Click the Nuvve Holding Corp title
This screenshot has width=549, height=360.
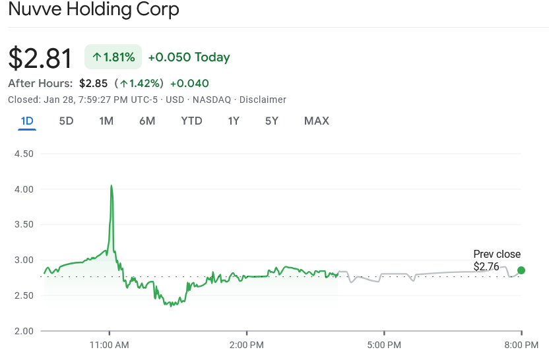(x=94, y=11)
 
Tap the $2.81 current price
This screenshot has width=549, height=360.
(x=40, y=58)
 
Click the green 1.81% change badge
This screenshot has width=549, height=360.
(x=113, y=57)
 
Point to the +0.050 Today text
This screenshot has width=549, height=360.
(x=189, y=57)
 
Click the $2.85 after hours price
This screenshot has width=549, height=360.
(x=93, y=83)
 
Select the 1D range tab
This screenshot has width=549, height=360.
(x=27, y=121)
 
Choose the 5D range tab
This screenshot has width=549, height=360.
(x=66, y=121)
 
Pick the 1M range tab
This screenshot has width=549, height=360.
(x=106, y=121)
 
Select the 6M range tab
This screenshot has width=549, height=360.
(x=147, y=121)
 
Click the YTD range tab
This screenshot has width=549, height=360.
(x=191, y=121)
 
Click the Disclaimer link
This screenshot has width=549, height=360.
(x=263, y=100)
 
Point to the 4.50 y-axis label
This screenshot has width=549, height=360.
(x=24, y=154)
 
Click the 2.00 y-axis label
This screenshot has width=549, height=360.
(x=24, y=330)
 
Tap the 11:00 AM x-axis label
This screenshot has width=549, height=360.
(x=110, y=344)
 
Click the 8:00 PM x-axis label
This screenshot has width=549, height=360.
(x=522, y=344)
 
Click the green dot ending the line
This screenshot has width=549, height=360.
(x=521, y=270)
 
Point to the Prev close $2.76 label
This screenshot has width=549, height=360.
(x=497, y=260)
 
